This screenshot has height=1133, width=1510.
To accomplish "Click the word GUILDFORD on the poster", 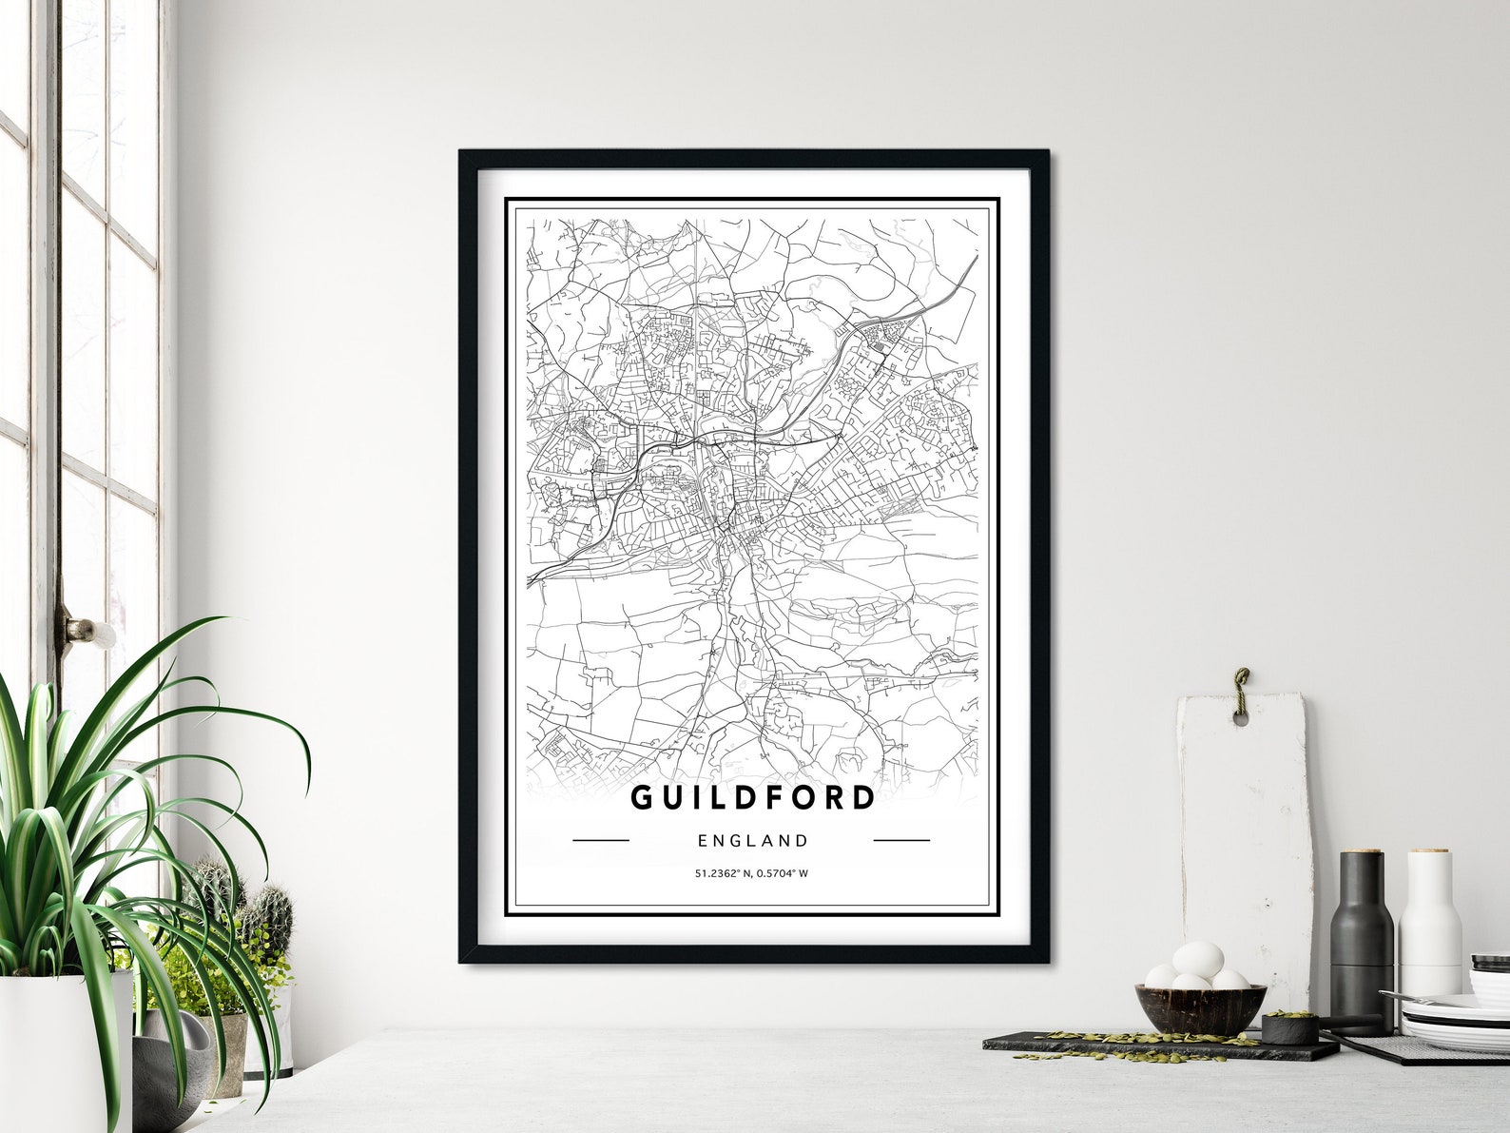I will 752,797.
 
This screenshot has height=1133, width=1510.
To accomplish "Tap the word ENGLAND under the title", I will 752,841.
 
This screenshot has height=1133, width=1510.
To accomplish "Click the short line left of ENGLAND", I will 601,841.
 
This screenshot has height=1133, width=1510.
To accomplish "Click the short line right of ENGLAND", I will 901,841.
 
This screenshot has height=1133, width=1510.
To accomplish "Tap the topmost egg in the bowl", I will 1198,959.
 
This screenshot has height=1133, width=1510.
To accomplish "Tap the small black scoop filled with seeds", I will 1290,1027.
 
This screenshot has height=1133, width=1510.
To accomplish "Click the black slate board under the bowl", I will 1141,1046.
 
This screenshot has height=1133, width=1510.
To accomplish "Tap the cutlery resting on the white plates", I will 1426,999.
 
